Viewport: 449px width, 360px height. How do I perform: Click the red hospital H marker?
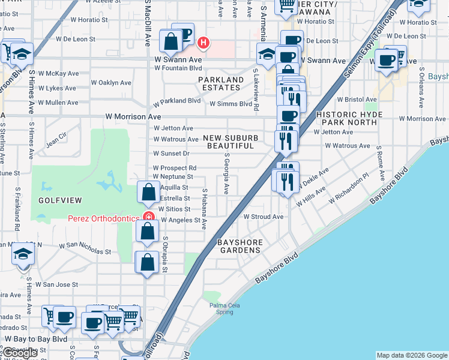(x=204, y=43)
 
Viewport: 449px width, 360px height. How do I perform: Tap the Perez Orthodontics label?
(x=104, y=218)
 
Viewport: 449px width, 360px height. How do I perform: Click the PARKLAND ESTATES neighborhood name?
(x=221, y=83)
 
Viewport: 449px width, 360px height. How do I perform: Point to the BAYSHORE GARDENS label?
(x=241, y=246)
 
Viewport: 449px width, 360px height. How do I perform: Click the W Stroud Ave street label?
(x=263, y=217)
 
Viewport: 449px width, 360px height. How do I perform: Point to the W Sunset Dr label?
(x=171, y=154)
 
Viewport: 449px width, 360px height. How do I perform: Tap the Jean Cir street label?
(x=56, y=142)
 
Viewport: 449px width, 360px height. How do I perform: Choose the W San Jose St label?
(x=57, y=284)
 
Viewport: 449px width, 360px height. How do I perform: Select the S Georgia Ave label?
(x=226, y=174)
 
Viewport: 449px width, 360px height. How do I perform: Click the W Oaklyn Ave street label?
(x=110, y=83)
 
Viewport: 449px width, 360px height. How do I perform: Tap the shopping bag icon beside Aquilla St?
(x=148, y=192)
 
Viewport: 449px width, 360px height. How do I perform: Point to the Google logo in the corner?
(x=20, y=353)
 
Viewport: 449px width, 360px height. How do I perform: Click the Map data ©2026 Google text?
(x=412, y=355)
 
